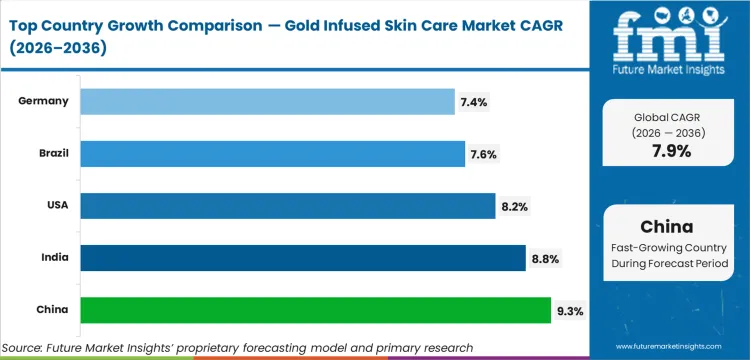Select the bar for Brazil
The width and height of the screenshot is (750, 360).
point(272,153)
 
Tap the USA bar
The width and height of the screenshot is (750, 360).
point(287,206)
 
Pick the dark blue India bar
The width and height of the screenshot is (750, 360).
point(302,258)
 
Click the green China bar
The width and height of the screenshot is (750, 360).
point(315,310)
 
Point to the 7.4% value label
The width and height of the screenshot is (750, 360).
point(474,102)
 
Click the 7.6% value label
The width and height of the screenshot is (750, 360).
point(482,154)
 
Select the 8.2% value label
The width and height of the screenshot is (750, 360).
point(514,207)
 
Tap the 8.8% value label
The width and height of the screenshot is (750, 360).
point(544,259)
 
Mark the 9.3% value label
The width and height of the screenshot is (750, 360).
point(569,311)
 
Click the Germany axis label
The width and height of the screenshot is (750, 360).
point(44,101)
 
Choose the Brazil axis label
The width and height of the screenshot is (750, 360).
point(52,153)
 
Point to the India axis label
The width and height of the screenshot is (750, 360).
point(55,258)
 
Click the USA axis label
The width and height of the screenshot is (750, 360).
point(56,206)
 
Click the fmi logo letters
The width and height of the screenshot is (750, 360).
point(668,36)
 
